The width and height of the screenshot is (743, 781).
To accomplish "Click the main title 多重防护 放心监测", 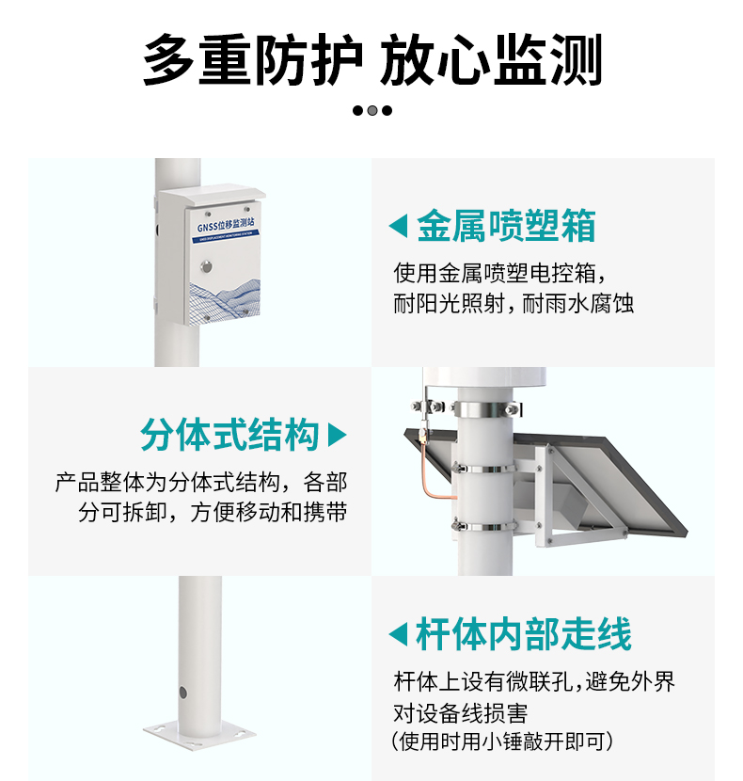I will click(371, 61).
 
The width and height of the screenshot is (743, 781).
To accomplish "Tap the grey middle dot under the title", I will click(372, 110).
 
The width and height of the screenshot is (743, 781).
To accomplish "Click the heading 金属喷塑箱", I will click(506, 226).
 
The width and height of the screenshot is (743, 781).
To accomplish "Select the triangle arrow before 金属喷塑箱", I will click(399, 226).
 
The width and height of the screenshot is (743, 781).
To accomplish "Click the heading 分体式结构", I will click(229, 436).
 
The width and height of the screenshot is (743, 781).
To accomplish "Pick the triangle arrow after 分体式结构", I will click(337, 436).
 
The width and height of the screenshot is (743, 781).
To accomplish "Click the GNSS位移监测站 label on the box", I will click(227, 227).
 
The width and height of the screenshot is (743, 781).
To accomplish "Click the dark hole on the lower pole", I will click(183, 693).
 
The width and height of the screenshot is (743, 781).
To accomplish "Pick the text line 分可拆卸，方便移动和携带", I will click(213, 513).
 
